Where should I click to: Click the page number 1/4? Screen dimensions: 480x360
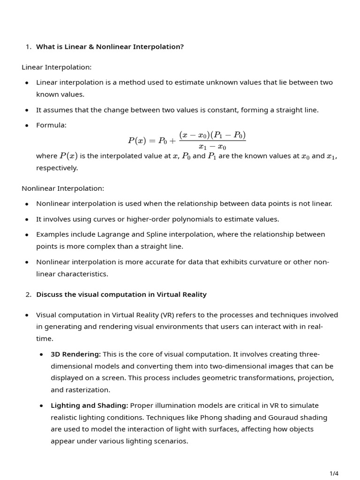click(334, 473)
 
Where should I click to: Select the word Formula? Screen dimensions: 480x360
click(51, 125)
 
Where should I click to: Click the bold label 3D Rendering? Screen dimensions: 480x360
click(75, 354)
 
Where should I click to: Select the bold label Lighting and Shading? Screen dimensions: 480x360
click(89, 405)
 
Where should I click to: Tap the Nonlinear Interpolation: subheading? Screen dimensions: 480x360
click(63, 188)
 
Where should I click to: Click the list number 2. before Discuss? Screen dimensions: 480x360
click(29, 294)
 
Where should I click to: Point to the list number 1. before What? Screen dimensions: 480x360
click(29, 46)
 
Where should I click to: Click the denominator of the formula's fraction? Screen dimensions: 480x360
click(212, 147)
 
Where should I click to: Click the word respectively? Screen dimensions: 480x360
click(57, 168)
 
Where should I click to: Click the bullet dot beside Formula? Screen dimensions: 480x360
click(27, 126)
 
